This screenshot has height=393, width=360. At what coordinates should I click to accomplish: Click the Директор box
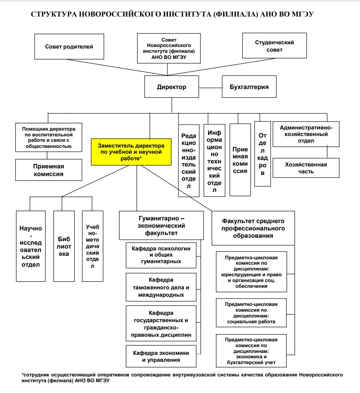pyautogui.click(x=172, y=87)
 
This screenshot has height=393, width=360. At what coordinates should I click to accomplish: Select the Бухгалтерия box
pyautogui.click(x=249, y=87)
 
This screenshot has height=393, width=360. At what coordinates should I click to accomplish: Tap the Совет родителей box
pyautogui.click(x=69, y=47)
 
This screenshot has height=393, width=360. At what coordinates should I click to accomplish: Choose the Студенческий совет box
pyautogui.click(x=274, y=46)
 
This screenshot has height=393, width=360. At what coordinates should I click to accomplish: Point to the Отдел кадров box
pyautogui.click(x=262, y=154)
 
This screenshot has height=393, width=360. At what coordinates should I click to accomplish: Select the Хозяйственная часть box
pyautogui.click(x=306, y=168)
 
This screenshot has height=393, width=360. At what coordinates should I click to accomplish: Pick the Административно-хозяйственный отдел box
pyautogui.click(x=306, y=134)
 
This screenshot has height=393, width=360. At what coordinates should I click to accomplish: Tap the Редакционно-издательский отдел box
pyautogui.click(x=189, y=160)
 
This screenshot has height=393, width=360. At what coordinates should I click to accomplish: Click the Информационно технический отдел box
pyautogui.click(x=214, y=160)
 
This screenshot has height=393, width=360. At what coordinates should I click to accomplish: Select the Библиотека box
pyautogui.click(x=64, y=246)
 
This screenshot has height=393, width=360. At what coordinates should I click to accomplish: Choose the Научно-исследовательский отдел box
pyautogui.click(x=30, y=246)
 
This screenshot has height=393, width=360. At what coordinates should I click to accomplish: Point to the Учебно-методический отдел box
pyautogui.click(x=93, y=246)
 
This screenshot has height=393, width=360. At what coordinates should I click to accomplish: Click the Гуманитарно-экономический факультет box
pyautogui.click(x=161, y=225)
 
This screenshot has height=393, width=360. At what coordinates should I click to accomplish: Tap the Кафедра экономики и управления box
pyautogui.click(x=161, y=356)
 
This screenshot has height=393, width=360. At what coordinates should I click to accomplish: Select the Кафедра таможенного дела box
pyautogui.click(x=161, y=287)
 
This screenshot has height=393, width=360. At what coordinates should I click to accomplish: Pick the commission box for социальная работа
pyautogui.click(x=251, y=313)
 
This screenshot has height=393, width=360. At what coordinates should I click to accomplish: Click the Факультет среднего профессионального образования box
pyautogui.click(x=253, y=228)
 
